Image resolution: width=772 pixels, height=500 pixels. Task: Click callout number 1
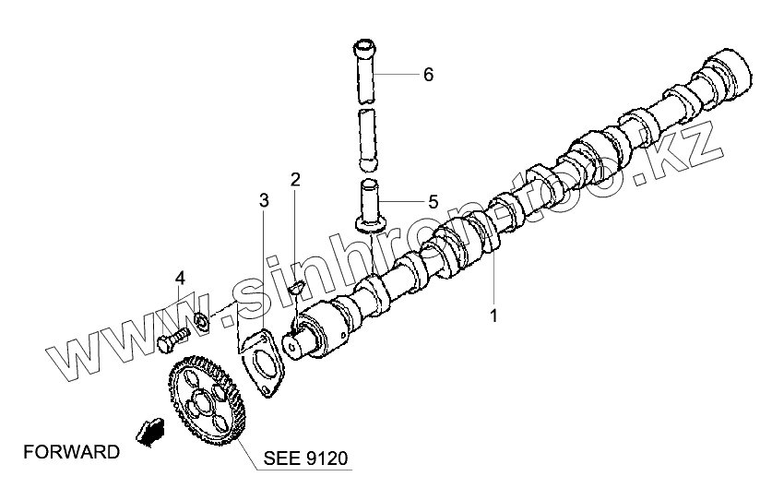click(493, 315)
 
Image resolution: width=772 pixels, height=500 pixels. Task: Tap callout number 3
click(264, 200)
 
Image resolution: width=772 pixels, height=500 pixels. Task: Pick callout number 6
click(428, 75)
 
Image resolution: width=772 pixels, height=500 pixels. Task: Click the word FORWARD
click(71, 452)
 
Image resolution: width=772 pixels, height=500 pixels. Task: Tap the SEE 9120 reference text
click(307, 458)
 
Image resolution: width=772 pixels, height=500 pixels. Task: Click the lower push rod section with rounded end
click(368, 138)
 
